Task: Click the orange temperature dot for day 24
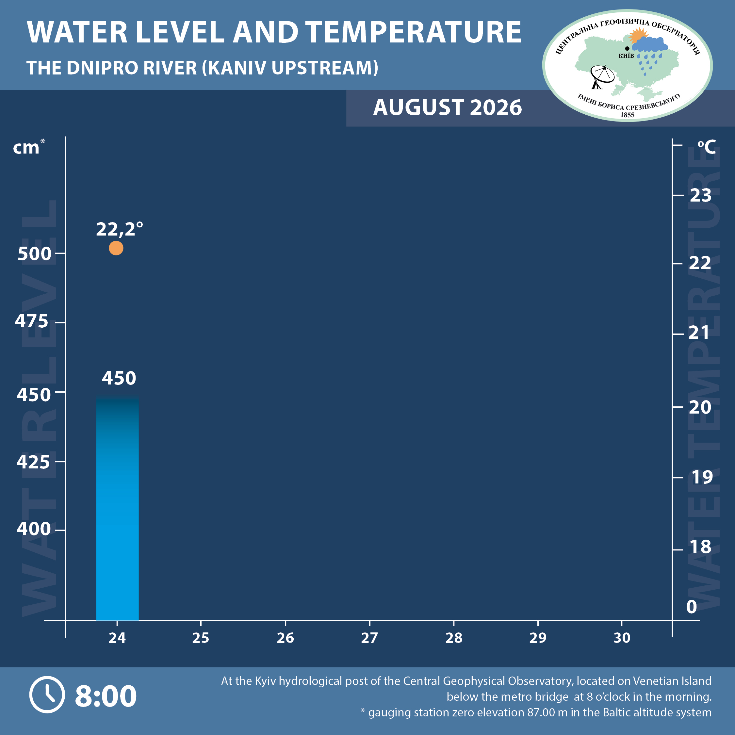(x=116, y=248)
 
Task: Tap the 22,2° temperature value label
(x=120, y=229)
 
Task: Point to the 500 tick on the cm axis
(x=35, y=254)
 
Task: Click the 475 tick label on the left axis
(x=32, y=321)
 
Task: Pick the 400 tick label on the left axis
(x=33, y=529)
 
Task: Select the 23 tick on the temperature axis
(x=700, y=196)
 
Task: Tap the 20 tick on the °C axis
(x=700, y=407)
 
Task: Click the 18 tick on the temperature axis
(x=700, y=547)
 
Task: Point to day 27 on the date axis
(x=369, y=638)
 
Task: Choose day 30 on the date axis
(x=622, y=638)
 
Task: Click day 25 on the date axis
(x=201, y=638)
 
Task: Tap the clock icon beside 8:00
(x=47, y=695)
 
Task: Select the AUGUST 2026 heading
(x=448, y=107)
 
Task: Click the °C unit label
(x=707, y=147)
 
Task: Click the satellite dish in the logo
(x=601, y=77)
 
